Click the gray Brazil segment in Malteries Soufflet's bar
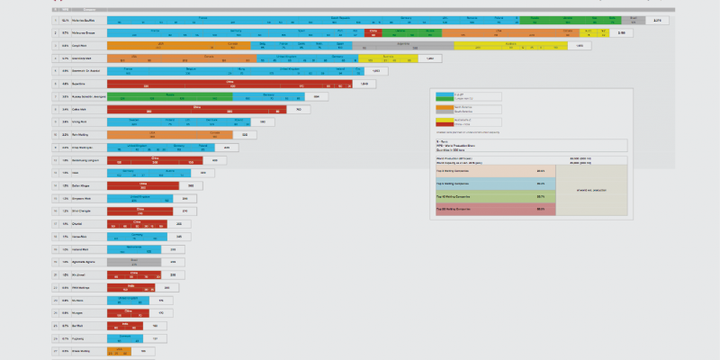[x=634, y=19]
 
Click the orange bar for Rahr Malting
[x=172, y=134]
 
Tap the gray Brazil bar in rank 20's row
[x=134, y=262]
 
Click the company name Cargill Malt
[x=79, y=45]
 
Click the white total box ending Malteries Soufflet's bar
[x=656, y=19]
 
